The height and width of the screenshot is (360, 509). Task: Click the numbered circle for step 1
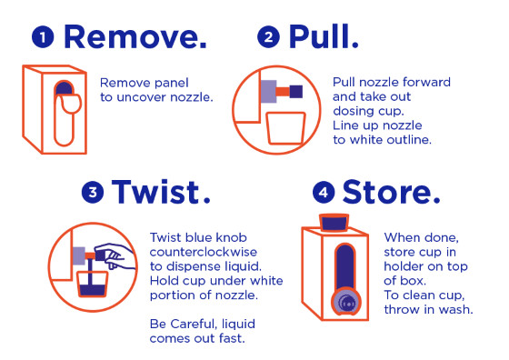[x=43, y=37]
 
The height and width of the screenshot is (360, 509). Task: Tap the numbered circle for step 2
[x=268, y=37]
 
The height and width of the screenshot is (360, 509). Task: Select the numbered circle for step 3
[x=93, y=192]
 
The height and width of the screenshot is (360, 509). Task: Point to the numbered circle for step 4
[x=324, y=192]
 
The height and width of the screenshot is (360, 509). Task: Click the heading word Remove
[x=135, y=36]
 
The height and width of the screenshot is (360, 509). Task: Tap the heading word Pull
[x=324, y=36]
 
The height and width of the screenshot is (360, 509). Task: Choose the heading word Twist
[x=161, y=192]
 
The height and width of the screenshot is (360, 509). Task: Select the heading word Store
[x=391, y=192]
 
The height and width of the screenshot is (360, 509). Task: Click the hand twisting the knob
[x=115, y=255]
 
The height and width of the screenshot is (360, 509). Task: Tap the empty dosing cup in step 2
[x=286, y=128]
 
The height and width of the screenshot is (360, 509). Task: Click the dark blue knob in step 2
[x=296, y=92]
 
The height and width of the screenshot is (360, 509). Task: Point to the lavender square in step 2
[x=268, y=92]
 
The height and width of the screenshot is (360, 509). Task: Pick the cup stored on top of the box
[x=334, y=223]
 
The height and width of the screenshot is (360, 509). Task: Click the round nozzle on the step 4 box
[x=346, y=302]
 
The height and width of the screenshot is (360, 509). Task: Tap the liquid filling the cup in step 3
[x=93, y=290]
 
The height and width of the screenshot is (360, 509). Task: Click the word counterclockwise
[x=204, y=252]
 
